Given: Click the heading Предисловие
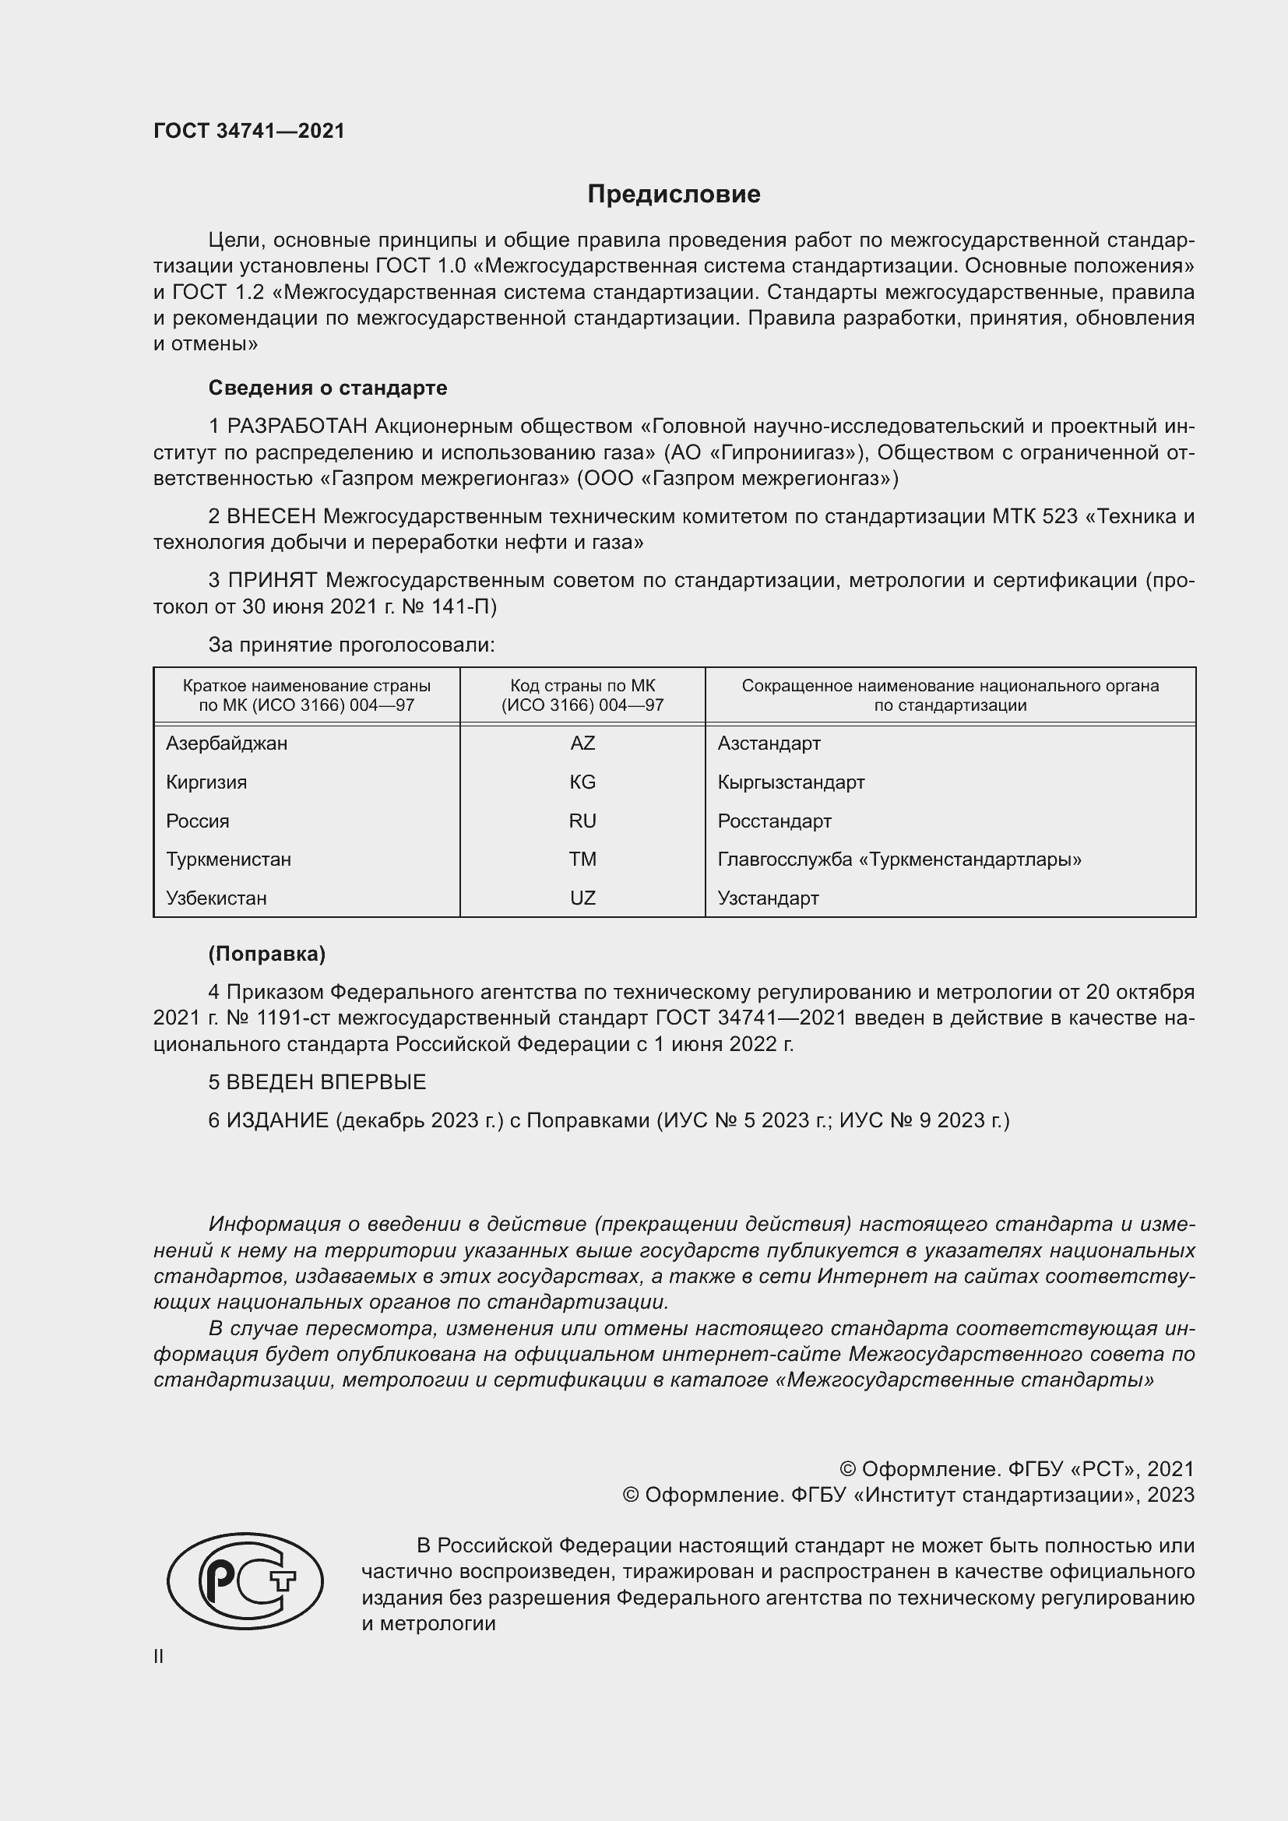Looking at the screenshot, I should click(x=674, y=195).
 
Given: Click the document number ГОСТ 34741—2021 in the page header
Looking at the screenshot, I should click(x=249, y=131).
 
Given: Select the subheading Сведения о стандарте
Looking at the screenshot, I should click(x=328, y=388).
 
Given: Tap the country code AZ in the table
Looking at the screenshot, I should click(x=582, y=744).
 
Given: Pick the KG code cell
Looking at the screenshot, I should click(x=582, y=782).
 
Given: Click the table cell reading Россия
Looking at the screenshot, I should click(x=198, y=821).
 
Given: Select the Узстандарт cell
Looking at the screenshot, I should click(x=768, y=898).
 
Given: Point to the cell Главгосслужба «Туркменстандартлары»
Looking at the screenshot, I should click(x=899, y=859).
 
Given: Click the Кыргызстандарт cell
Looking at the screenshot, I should click(x=790, y=782).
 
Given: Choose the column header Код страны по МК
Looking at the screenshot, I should click(x=582, y=685).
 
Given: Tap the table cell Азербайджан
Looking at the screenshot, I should click(x=227, y=744).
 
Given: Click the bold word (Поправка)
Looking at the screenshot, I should click(x=266, y=954).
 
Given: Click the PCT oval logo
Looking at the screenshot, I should click(x=245, y=1580).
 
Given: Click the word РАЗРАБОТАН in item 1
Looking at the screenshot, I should click(x=297, y=427).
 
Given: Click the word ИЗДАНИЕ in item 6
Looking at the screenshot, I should click(x=277, y=1120).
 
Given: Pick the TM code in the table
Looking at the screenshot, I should click(x=582, y=859).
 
